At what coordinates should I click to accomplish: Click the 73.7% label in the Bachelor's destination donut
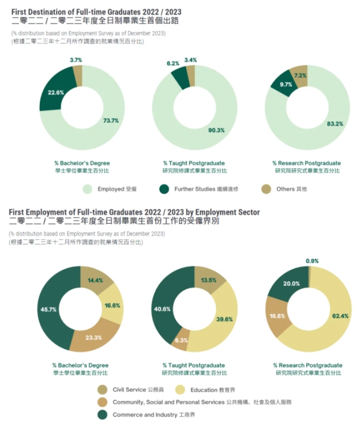click(111, 120)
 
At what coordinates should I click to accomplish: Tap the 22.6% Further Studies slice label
click(55, 92)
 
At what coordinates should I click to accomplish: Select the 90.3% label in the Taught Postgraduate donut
click(216, 130)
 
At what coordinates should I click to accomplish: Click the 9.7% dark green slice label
click(286, 84)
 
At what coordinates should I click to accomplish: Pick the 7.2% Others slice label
click(301, 75)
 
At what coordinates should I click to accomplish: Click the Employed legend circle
click(88, 189)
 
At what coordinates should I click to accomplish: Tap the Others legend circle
click(266, 189)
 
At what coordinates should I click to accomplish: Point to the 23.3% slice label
click(93, 338)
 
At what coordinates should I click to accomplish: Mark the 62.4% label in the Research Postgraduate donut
click(337, 316)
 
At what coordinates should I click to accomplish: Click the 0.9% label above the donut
click(312, 261)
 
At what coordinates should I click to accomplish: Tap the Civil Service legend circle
click(102, 390)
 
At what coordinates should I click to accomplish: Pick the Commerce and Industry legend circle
click(102, 415)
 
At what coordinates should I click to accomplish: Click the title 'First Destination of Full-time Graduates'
click(76, 10)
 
